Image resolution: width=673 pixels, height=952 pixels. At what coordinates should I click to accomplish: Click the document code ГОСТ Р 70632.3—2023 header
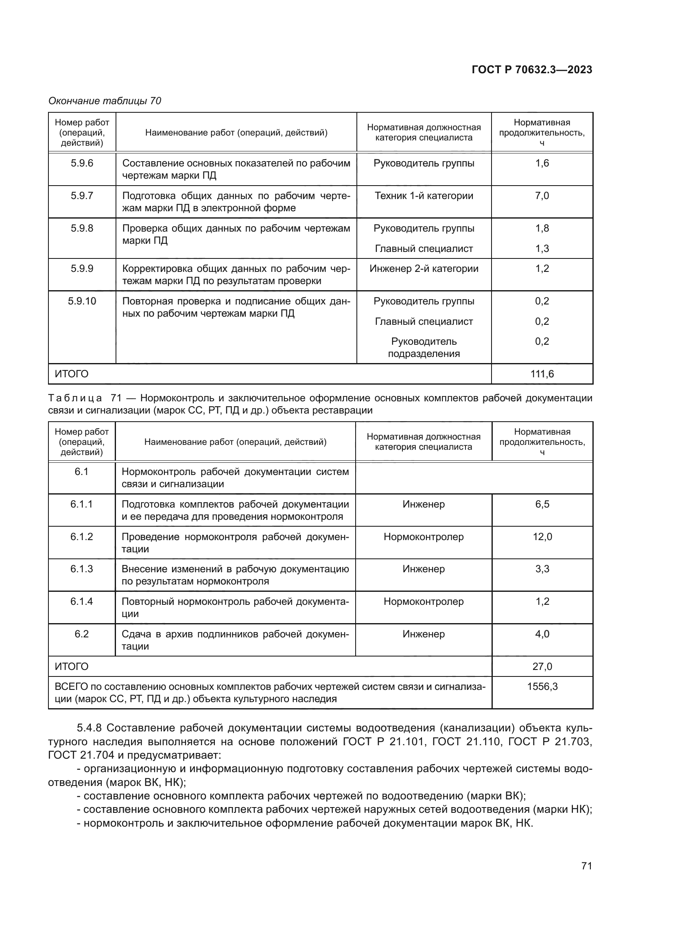point(532,70)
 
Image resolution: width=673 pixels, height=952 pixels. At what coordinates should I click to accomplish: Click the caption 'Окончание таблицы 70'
point(105,101)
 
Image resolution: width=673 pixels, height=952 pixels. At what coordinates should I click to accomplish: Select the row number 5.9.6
point(82,163)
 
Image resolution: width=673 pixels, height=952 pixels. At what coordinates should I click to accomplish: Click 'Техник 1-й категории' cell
point(424,196)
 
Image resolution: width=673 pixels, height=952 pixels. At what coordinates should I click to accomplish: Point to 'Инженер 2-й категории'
point(424,268)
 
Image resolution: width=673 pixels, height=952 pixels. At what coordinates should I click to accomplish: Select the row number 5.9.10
point(82,301)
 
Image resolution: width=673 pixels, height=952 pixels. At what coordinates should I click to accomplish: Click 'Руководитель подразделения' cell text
point(424,348)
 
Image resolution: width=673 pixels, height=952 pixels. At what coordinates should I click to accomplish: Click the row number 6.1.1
point(81,504)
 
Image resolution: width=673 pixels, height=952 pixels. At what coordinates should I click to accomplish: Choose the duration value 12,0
point(542,536)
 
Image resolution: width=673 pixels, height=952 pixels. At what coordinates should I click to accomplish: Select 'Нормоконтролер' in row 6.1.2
point(424,536)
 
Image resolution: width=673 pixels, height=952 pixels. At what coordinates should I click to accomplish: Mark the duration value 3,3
point(542,569)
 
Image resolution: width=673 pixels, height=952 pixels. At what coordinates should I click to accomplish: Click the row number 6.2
point(81,634)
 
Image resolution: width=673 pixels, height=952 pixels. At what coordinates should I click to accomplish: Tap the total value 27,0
point(542,666)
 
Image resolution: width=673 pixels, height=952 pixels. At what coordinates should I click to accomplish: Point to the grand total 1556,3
point(542,687)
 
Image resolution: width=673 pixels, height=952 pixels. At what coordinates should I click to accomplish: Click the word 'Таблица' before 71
point(75,398)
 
